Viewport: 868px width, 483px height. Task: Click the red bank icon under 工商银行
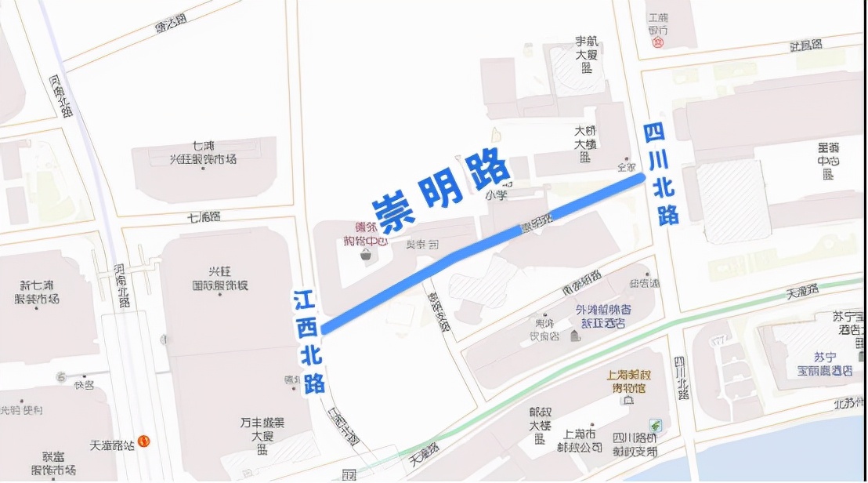[658, 42]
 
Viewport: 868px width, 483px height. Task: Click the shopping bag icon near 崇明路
[365, 254]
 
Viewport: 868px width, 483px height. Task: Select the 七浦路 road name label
[204, 217]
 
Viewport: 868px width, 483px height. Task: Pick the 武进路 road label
[805, 45]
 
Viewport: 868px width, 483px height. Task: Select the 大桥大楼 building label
[585, 143]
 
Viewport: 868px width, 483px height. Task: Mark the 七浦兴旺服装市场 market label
[204, 153]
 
